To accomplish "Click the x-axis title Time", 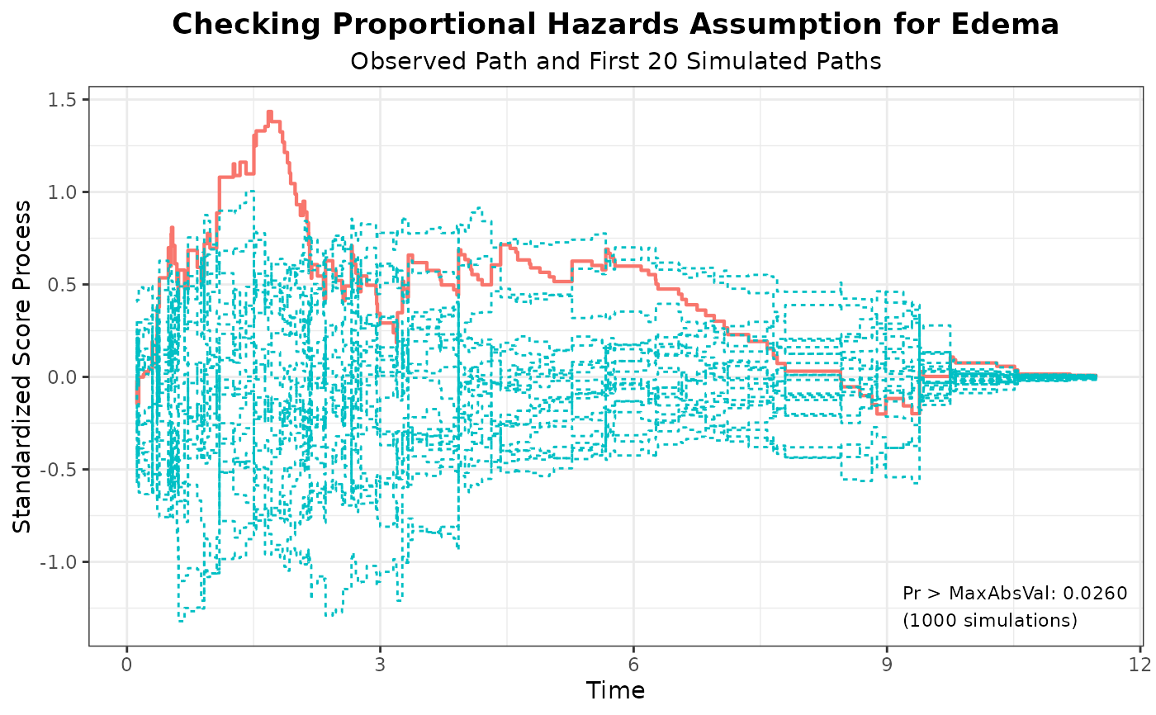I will click(615, 690).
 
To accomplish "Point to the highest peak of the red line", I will click(269, 111).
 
